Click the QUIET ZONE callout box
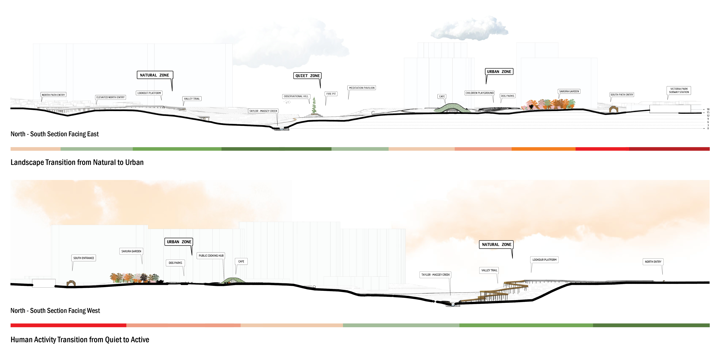(307, 76)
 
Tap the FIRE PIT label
(331, 94)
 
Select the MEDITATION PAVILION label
(362, 88)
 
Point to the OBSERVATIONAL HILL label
(296, 96)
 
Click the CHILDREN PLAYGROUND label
(479, 93)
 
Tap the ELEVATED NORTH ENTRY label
(110, 97)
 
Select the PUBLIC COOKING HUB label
(211, 256)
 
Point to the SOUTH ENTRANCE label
(84, 258)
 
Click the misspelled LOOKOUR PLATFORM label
(544, 260)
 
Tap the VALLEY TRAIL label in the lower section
(489, 270)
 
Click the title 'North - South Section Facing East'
(54, 134)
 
